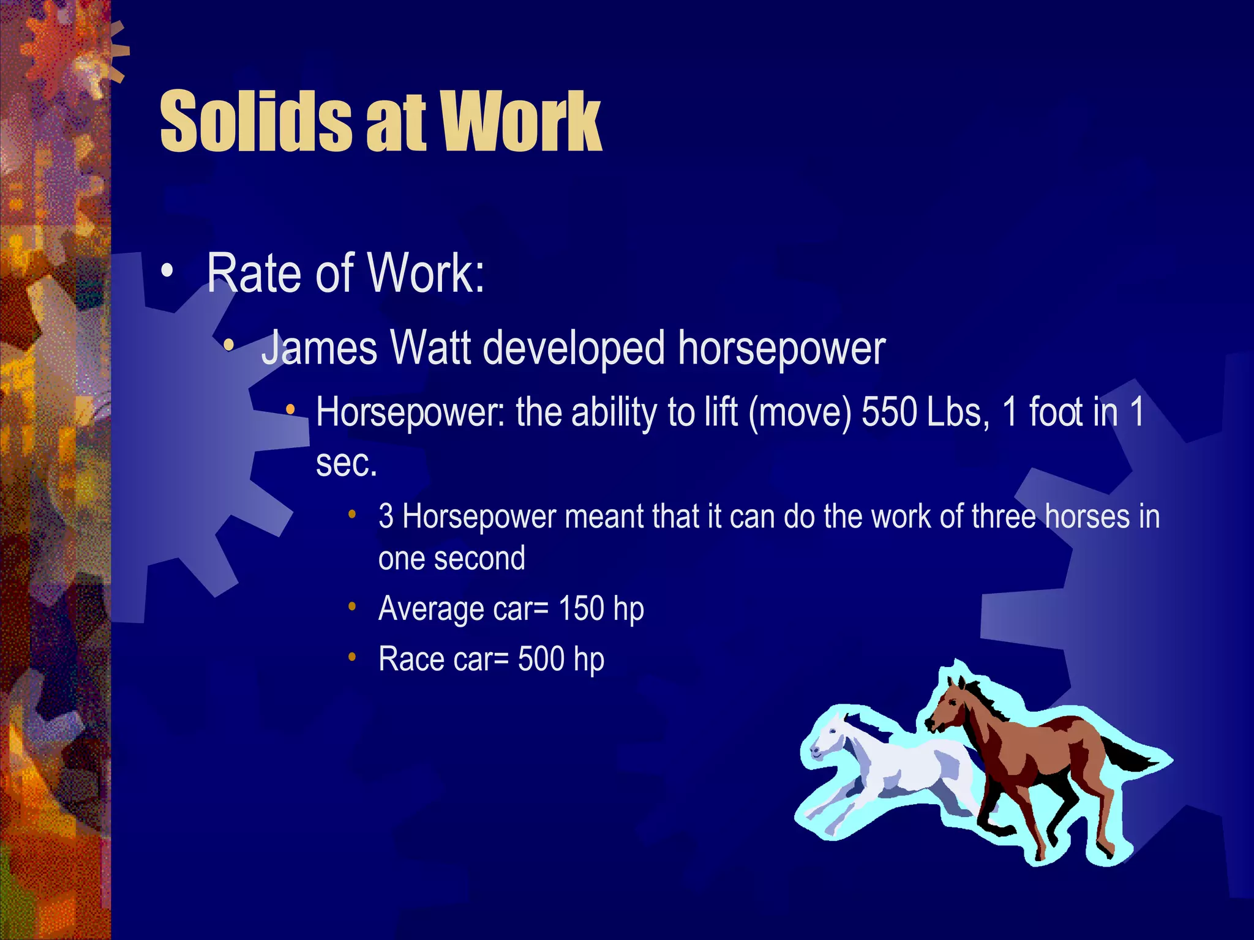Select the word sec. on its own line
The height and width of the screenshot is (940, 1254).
(346, 463)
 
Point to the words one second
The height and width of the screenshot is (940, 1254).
(451, 559)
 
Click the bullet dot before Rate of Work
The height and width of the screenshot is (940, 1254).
(167, 272)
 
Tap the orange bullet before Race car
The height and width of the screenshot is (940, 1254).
(352, 657)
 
